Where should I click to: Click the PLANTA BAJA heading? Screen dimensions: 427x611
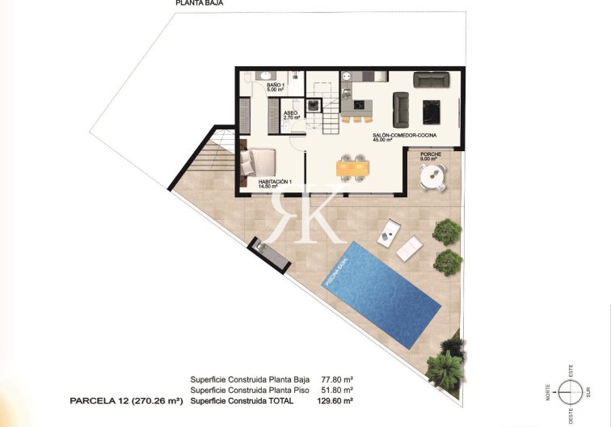click(x=200, y=3)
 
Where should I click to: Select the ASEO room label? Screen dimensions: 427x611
click(x=292, y=115)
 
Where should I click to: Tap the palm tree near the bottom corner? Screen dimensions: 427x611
click(x=444, y=368)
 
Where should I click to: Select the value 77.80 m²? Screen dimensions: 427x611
click(x=338, y=378)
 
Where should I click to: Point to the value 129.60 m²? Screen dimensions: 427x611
click(x=336, y=400)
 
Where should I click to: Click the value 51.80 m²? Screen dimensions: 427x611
click(x=338, y=389)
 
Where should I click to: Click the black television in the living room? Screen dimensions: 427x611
click(x=432, y=109)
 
